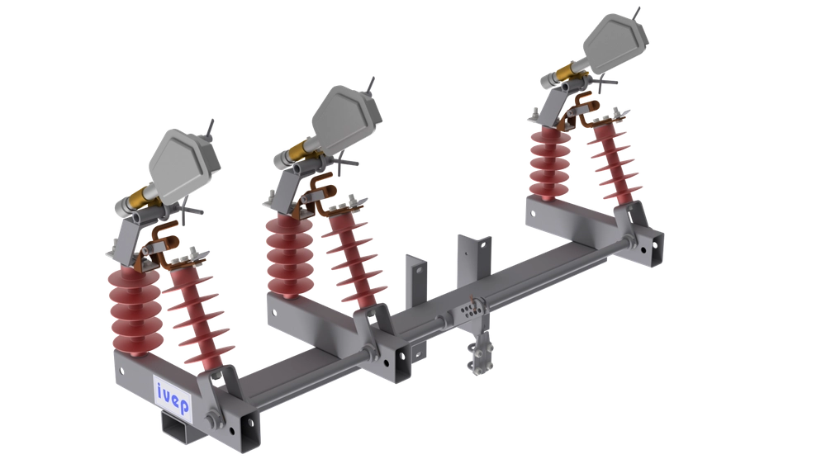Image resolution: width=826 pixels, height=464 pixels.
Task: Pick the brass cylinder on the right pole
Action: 569,72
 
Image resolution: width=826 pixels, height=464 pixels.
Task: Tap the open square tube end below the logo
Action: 177,428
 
